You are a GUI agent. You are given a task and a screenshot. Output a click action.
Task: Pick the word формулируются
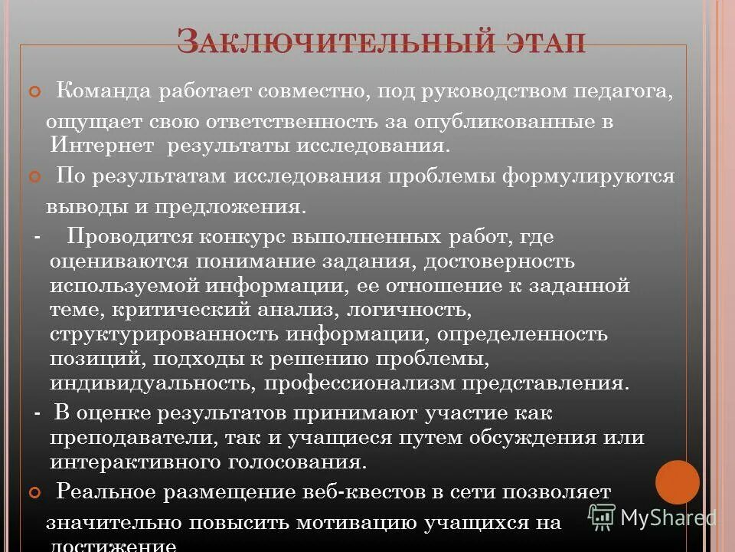pyautogui.click(x=588, y=176)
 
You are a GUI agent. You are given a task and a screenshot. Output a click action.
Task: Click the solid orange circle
pyautogui.click(x=677, y=482)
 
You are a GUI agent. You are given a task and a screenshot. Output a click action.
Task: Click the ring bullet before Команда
pyautogui.click(x=33, y=93)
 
